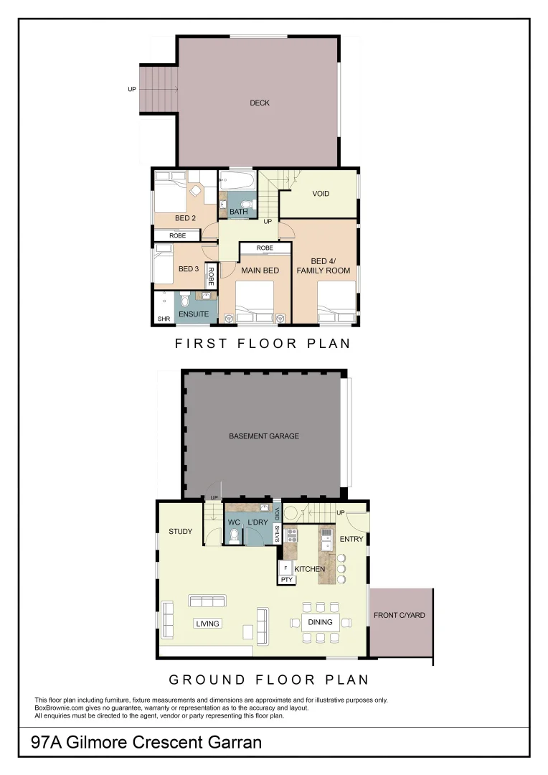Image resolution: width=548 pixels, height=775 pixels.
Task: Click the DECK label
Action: pyautogui.click(x=260, y=103)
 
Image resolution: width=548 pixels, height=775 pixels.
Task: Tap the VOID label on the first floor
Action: pyautogui.click(x=321, y=194)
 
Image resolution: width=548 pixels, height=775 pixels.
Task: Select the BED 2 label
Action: pyautogui.click(x=185, y=218)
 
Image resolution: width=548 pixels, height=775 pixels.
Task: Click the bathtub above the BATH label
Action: pyautogui.click(x=237, y=179)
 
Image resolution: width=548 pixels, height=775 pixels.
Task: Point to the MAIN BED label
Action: pyautogui.click(x=260, y=271)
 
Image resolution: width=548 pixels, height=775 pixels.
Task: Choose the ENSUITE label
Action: pyautogui.click(x=194, y=314)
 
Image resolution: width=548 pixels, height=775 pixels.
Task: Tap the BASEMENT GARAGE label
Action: pyautogui.click(x=264, y=436)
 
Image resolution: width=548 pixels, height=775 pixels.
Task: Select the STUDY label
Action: pyautogui.click(x=180, y=532)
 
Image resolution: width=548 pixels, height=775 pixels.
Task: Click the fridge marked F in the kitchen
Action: pyautogui.click(x=285, y=568)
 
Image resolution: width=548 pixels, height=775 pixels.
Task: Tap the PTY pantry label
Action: pyautogui.click(x=287, y=580)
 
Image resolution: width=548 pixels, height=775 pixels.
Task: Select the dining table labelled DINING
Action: pyautogui.click(x=320, y=622)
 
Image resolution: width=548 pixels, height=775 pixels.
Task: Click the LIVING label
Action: pyautogui.click(x=207, y=624)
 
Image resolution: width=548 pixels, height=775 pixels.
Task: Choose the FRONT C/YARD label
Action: pyautogui.click(x=400, y=616)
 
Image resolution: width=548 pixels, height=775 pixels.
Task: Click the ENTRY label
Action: pyautogui.click(x=351, y=539)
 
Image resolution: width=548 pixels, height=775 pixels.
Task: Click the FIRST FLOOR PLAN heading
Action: pyautogui.click(x=263, y=344)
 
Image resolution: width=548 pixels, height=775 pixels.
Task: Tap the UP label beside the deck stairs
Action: pyautogui.click(x=132, y=89)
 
